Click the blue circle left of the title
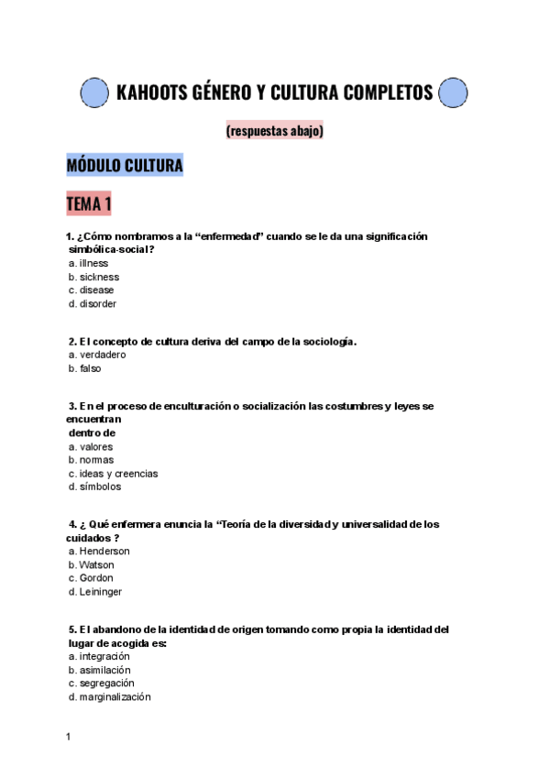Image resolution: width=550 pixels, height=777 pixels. point(95,93)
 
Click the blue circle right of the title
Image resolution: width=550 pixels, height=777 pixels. point(454,93)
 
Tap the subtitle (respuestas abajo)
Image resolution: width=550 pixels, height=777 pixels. point(274,131)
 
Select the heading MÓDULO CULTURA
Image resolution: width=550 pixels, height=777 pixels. point(125,166)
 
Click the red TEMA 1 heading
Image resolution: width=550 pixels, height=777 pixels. point(89,203)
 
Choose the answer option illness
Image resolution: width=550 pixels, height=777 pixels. point(93,263)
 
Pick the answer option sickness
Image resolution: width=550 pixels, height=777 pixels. point(98,277)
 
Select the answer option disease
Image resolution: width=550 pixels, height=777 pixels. point(96,290)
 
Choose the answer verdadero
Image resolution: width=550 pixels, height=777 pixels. point(102,355)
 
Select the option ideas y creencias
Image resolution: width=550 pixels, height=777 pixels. point(117,474)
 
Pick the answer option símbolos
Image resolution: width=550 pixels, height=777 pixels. point(100,487)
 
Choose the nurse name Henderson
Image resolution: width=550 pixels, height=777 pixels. point(104,552)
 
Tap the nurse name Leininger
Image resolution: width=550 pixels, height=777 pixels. point(100,592)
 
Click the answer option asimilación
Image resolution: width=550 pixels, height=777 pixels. point(104,670)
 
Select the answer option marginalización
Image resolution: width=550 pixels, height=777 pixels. point(115,697)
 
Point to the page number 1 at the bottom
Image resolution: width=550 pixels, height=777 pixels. point(69,737)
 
